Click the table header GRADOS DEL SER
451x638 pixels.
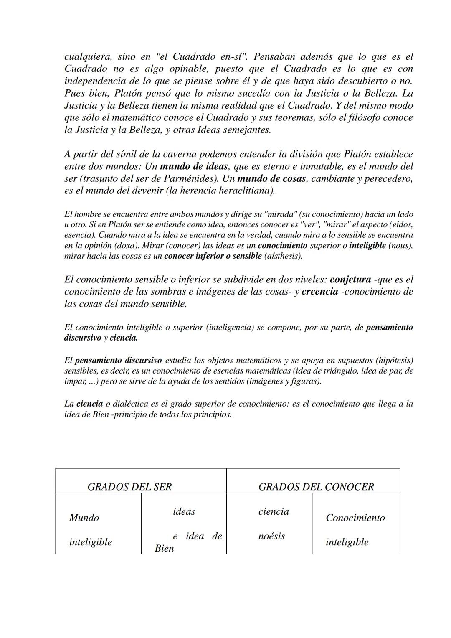click(x=129, y=486)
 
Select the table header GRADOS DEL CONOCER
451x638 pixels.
click(x=316, y=486)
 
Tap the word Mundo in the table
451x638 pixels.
click(x=84, y=518)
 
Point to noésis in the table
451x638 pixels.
click(x=271, y=536)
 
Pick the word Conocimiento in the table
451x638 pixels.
click(x=355, y=518)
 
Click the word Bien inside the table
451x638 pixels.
click(x=164, y=548)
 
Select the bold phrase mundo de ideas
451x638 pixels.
click(x=194, y=166)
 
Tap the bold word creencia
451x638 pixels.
click(x=319, y=291)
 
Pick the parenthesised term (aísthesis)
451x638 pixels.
click(x=283, y=256)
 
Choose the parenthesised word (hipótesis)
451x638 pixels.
click(x=394, y=360)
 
